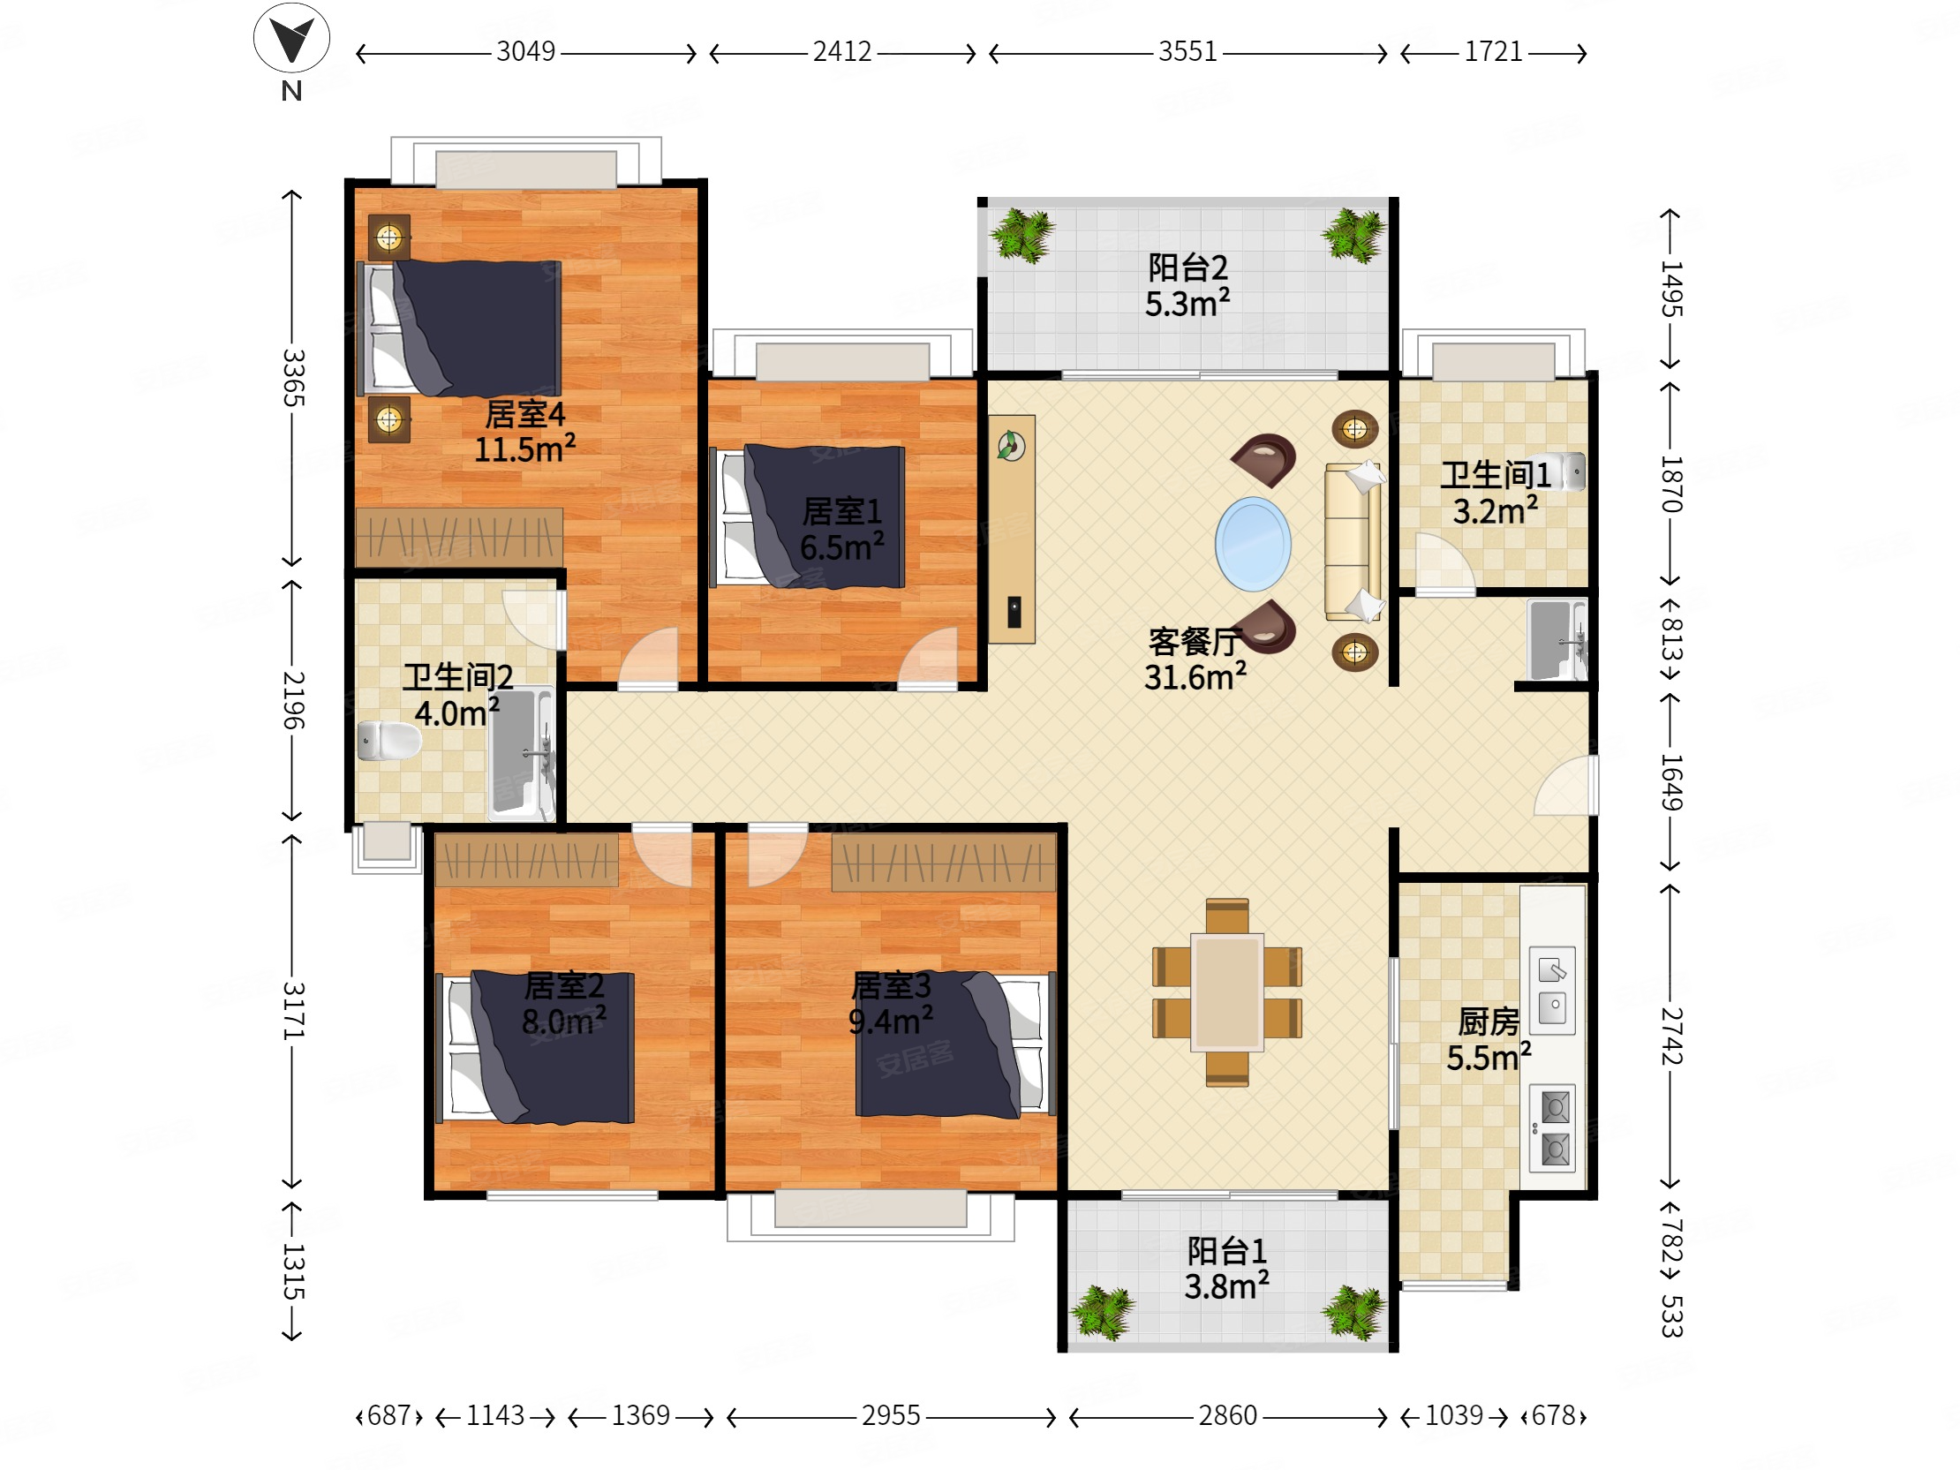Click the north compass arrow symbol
[x=291, y=39]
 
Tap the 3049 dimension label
[x=525, y=52]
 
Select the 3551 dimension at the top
[x=1187, y=52]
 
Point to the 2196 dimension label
[x=293, y=700]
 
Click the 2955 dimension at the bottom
[x=891, y=1415]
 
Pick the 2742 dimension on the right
[x=1670, y=1036]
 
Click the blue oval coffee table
[x=1253, y=544]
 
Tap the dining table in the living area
[x=1227, y=992]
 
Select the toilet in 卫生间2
[x=388, y=741]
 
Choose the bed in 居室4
[x=459, y=328]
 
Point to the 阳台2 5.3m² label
[x=1187, y=285]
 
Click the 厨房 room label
[x=1489, y=1021]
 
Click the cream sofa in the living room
[x=1353, y=541]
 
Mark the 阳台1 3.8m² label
[x=1227, y=1268]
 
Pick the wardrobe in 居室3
[x=944, y=862]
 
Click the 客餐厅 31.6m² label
[x=1195, y=659]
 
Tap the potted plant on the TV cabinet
[x=1011, y=445]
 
